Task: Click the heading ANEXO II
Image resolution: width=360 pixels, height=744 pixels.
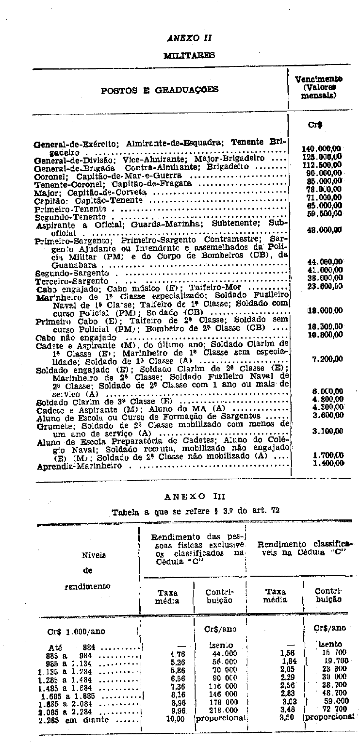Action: (189, 37)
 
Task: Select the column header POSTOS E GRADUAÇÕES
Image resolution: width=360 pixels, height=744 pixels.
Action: (159, 89)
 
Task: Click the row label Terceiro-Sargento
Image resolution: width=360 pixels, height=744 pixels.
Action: (71, 281)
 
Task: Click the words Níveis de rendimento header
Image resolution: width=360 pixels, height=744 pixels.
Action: (87, 570)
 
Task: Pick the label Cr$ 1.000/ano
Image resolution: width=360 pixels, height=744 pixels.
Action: (76, 631)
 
